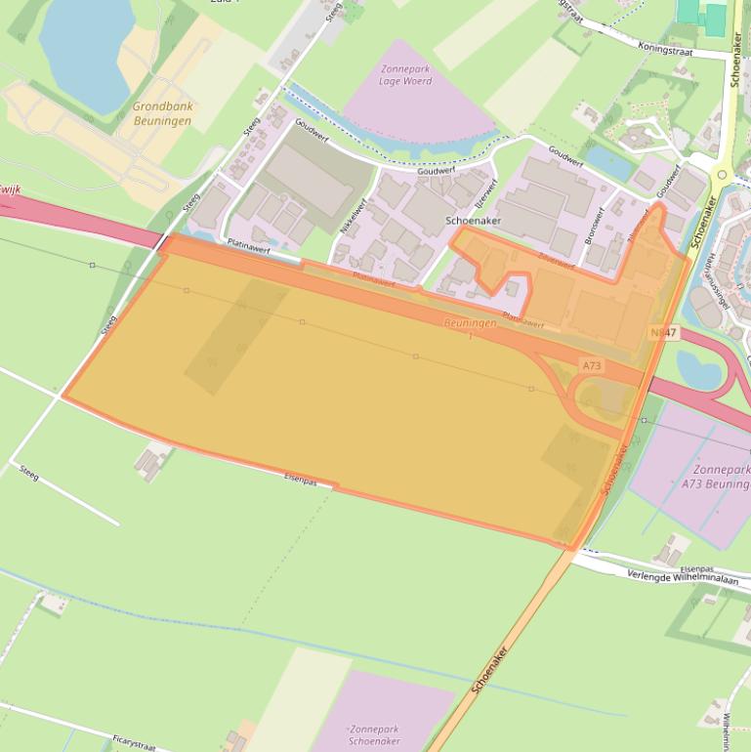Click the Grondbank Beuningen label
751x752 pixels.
(162, 113)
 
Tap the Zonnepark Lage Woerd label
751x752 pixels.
(405, 75)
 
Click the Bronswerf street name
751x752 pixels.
(593, 227)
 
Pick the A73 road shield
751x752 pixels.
(592, 365)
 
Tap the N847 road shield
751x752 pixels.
(662, 333)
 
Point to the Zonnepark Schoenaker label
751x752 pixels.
(374, 734)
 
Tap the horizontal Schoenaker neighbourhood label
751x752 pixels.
(472, 222)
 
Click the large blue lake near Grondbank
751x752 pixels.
(85, 49)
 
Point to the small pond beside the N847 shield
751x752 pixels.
(695, 368)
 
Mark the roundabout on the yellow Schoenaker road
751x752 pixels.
(720, 178)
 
